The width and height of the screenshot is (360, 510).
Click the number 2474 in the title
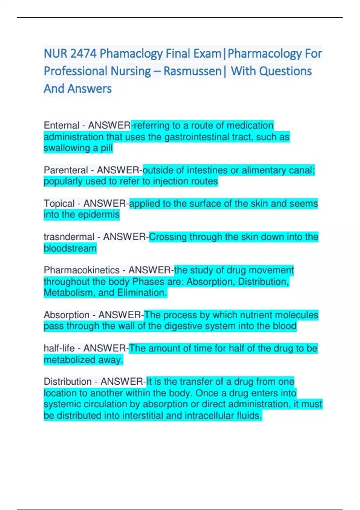(x=83, y=54)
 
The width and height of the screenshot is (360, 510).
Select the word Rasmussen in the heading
(x=192, y=71)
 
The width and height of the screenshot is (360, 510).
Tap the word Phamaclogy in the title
(x=131, y=54)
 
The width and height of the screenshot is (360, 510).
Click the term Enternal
(x=61, y=125)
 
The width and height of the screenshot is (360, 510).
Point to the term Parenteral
(x=66, y=170)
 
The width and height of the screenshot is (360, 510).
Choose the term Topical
(x=59, y=203)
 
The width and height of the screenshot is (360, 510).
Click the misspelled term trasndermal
(x=69, y=237)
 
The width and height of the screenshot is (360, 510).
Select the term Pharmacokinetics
(x=82, y=270)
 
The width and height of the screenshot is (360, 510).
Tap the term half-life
(x=59, y=348)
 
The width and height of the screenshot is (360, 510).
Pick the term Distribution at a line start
(x=68, y=382)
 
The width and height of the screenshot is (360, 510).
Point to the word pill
(x=107, y=148)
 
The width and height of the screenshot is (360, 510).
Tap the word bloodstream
(x=70, y=248)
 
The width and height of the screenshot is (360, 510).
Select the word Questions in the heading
(x=286, y=71)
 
